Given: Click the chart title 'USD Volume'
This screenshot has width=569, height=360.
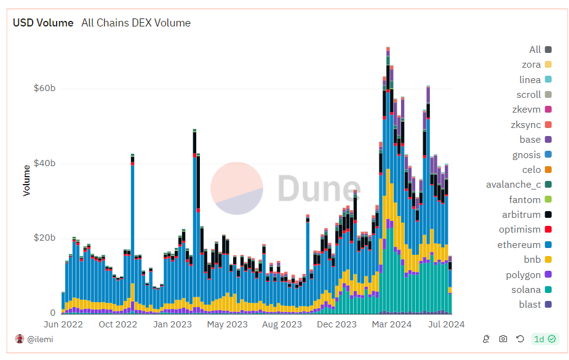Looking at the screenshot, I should (x=43, y=23).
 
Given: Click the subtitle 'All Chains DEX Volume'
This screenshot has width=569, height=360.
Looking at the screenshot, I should (x=136, y=23).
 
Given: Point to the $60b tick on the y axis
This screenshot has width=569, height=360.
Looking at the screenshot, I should (x=44, y=88).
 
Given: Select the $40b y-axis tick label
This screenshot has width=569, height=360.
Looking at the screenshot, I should (x=44, y=163).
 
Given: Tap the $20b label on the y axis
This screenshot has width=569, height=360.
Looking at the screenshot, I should (x=44, y=238).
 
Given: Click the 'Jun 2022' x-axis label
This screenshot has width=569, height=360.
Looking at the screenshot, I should (x=63, y=324).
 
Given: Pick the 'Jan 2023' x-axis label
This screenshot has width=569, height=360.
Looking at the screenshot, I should (x=172, y=324).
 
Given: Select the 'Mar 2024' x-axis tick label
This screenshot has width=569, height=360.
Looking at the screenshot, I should (x=392, y=324).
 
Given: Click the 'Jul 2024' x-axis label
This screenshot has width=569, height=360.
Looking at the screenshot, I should (x=445, y=324).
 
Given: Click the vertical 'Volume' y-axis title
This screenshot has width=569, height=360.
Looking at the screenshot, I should (x=26, y=180).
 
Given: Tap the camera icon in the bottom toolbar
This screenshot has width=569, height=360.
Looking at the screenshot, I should (x=503, y=339).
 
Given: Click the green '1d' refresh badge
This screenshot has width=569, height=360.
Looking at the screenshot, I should (x=545, y=339).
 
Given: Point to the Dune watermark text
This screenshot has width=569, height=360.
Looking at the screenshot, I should (x=319, y=188).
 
